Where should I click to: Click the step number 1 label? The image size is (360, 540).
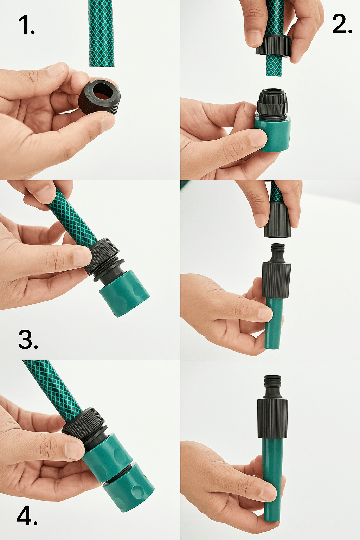pyautogui.click(x=26, y=25)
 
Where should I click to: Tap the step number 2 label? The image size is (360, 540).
pyautogui.click(x=342, y=24)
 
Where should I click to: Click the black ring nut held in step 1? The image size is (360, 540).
pyautogui.click(x=99, y=96)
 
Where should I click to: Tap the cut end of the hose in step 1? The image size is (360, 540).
pyautogui.click(x=102, y=65)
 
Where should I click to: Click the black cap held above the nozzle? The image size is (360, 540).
pyautogui.click(x=277, y=220)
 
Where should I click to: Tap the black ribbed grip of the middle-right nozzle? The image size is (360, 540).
pyautogui.click(x=276, y=281)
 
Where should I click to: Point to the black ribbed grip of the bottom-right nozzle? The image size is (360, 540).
pyautogui.click(x=272, y=419)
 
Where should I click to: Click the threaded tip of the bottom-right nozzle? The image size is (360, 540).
pyautogui.click(x=273, y=381)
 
